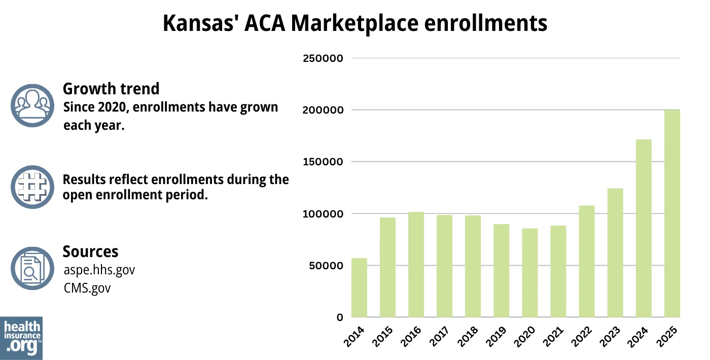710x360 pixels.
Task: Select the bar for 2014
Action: (359, 288)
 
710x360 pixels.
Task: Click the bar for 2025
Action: (672, 213)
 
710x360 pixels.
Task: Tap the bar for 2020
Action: (530, 273)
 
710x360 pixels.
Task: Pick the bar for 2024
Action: (644, 228)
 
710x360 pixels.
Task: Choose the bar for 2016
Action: (416, 265)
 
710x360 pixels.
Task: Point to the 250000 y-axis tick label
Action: (323, 58)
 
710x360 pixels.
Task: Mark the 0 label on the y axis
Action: (340, 317)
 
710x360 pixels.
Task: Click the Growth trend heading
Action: (111, 89)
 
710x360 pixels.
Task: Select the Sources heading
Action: (90, 251)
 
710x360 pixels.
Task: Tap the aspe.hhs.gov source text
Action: (99, 270)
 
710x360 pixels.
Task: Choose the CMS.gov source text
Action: (87, 288)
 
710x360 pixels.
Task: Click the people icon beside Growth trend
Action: (32, 105)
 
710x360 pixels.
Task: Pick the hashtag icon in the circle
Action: (32, 187)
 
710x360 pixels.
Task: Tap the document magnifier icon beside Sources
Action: (32, 269)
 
